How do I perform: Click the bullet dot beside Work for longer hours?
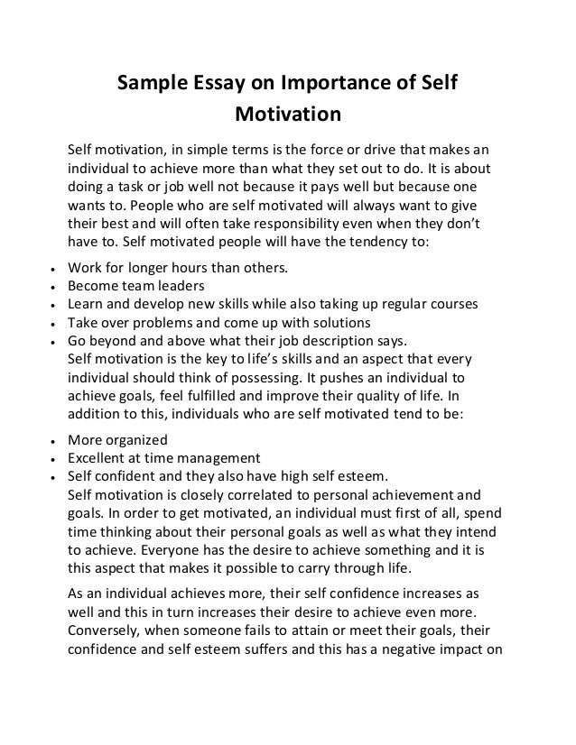pos(56,269)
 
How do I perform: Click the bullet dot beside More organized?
pos(56,442)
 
